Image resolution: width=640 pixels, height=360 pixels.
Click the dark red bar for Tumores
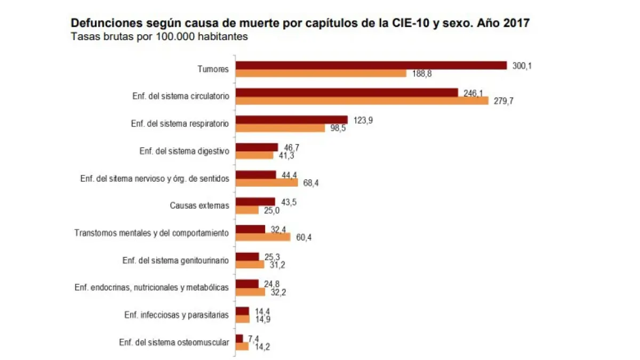[371, 65]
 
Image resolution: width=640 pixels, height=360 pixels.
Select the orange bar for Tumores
[321, 74]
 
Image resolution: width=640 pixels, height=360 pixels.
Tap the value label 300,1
[522, 66]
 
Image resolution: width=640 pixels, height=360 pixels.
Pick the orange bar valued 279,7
[362, 101]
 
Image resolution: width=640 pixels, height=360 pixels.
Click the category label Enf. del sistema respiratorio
[180, 124]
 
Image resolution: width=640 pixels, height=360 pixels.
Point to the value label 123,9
[363, 121]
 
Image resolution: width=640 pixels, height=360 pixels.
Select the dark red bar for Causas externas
[255, 202]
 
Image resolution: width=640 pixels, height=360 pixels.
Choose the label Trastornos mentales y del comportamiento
[152, 233]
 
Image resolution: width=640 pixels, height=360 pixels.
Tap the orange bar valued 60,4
[263, 237]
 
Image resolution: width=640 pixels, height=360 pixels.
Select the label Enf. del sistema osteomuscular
[174, 342]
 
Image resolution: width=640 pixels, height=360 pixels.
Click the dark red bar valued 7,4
[239, 338]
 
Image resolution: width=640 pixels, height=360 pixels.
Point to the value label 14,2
[260, 347]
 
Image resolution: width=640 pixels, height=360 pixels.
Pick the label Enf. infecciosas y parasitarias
[177, 315]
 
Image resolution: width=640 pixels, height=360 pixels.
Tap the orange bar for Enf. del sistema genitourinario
[250, 265]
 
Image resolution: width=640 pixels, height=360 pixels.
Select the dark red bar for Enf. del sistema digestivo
[257, 147]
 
